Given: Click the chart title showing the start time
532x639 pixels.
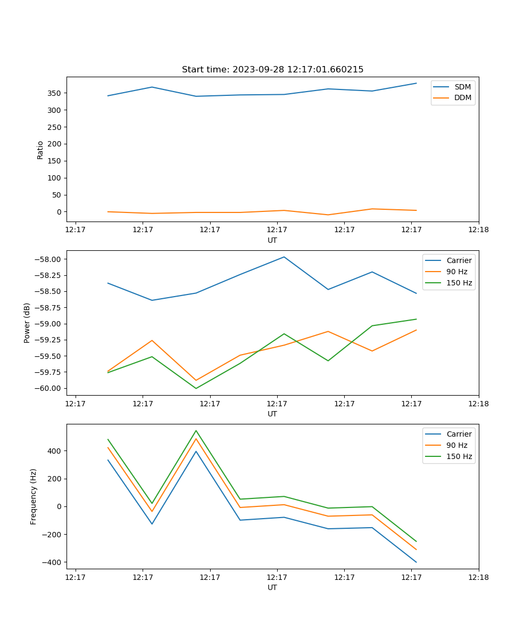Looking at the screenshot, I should [x=272, y=70].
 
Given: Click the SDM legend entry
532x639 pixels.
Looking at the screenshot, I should [x=462, y=87].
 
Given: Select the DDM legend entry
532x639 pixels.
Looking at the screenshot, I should [x=462, y=97].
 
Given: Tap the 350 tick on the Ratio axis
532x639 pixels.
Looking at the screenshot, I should [x=54, y=93].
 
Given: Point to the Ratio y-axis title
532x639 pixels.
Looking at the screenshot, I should [x=40, y=150].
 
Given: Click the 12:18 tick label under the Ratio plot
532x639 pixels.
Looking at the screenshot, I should [x=478, y=230].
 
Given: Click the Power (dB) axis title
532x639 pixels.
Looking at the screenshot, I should [x=27, y=323].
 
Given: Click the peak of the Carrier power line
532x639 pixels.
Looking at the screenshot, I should [x=284, y=257].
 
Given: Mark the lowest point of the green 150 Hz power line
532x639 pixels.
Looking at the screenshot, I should [x=196, y=388].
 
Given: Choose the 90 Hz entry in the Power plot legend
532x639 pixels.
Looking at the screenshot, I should [x=457, y=272].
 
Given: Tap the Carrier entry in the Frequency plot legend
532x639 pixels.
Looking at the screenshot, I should [x=459, y=434].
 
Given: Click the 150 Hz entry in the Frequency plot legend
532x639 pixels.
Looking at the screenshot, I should [x=459, y=456].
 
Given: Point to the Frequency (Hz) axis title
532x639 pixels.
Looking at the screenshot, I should [x=34, y=496].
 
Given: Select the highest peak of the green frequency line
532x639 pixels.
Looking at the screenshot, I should [x=196, y=430].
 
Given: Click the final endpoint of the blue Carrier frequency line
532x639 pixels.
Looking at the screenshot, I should [x=416, y=562].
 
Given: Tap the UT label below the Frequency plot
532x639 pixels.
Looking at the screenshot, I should [x=272, y=587].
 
